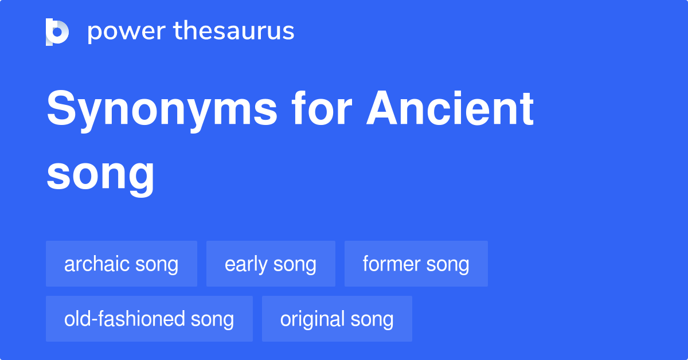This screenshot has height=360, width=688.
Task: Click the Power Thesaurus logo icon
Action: pos(57,32)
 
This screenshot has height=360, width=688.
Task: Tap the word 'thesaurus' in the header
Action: pos(234,32)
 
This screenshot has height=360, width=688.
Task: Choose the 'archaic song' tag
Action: pos(122,264)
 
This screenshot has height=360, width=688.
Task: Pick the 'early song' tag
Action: pos(271,264)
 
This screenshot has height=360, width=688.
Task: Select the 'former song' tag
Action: pos(416,264)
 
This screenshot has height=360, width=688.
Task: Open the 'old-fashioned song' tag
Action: pos(149,319)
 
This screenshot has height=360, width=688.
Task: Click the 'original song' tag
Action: pos(337,319)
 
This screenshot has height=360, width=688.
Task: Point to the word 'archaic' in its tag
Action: pos(97,264)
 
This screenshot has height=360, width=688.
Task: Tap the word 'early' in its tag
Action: pos(246,264)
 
